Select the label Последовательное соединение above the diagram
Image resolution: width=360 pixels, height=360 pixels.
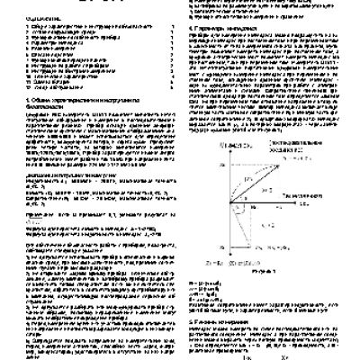pos(298,173)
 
